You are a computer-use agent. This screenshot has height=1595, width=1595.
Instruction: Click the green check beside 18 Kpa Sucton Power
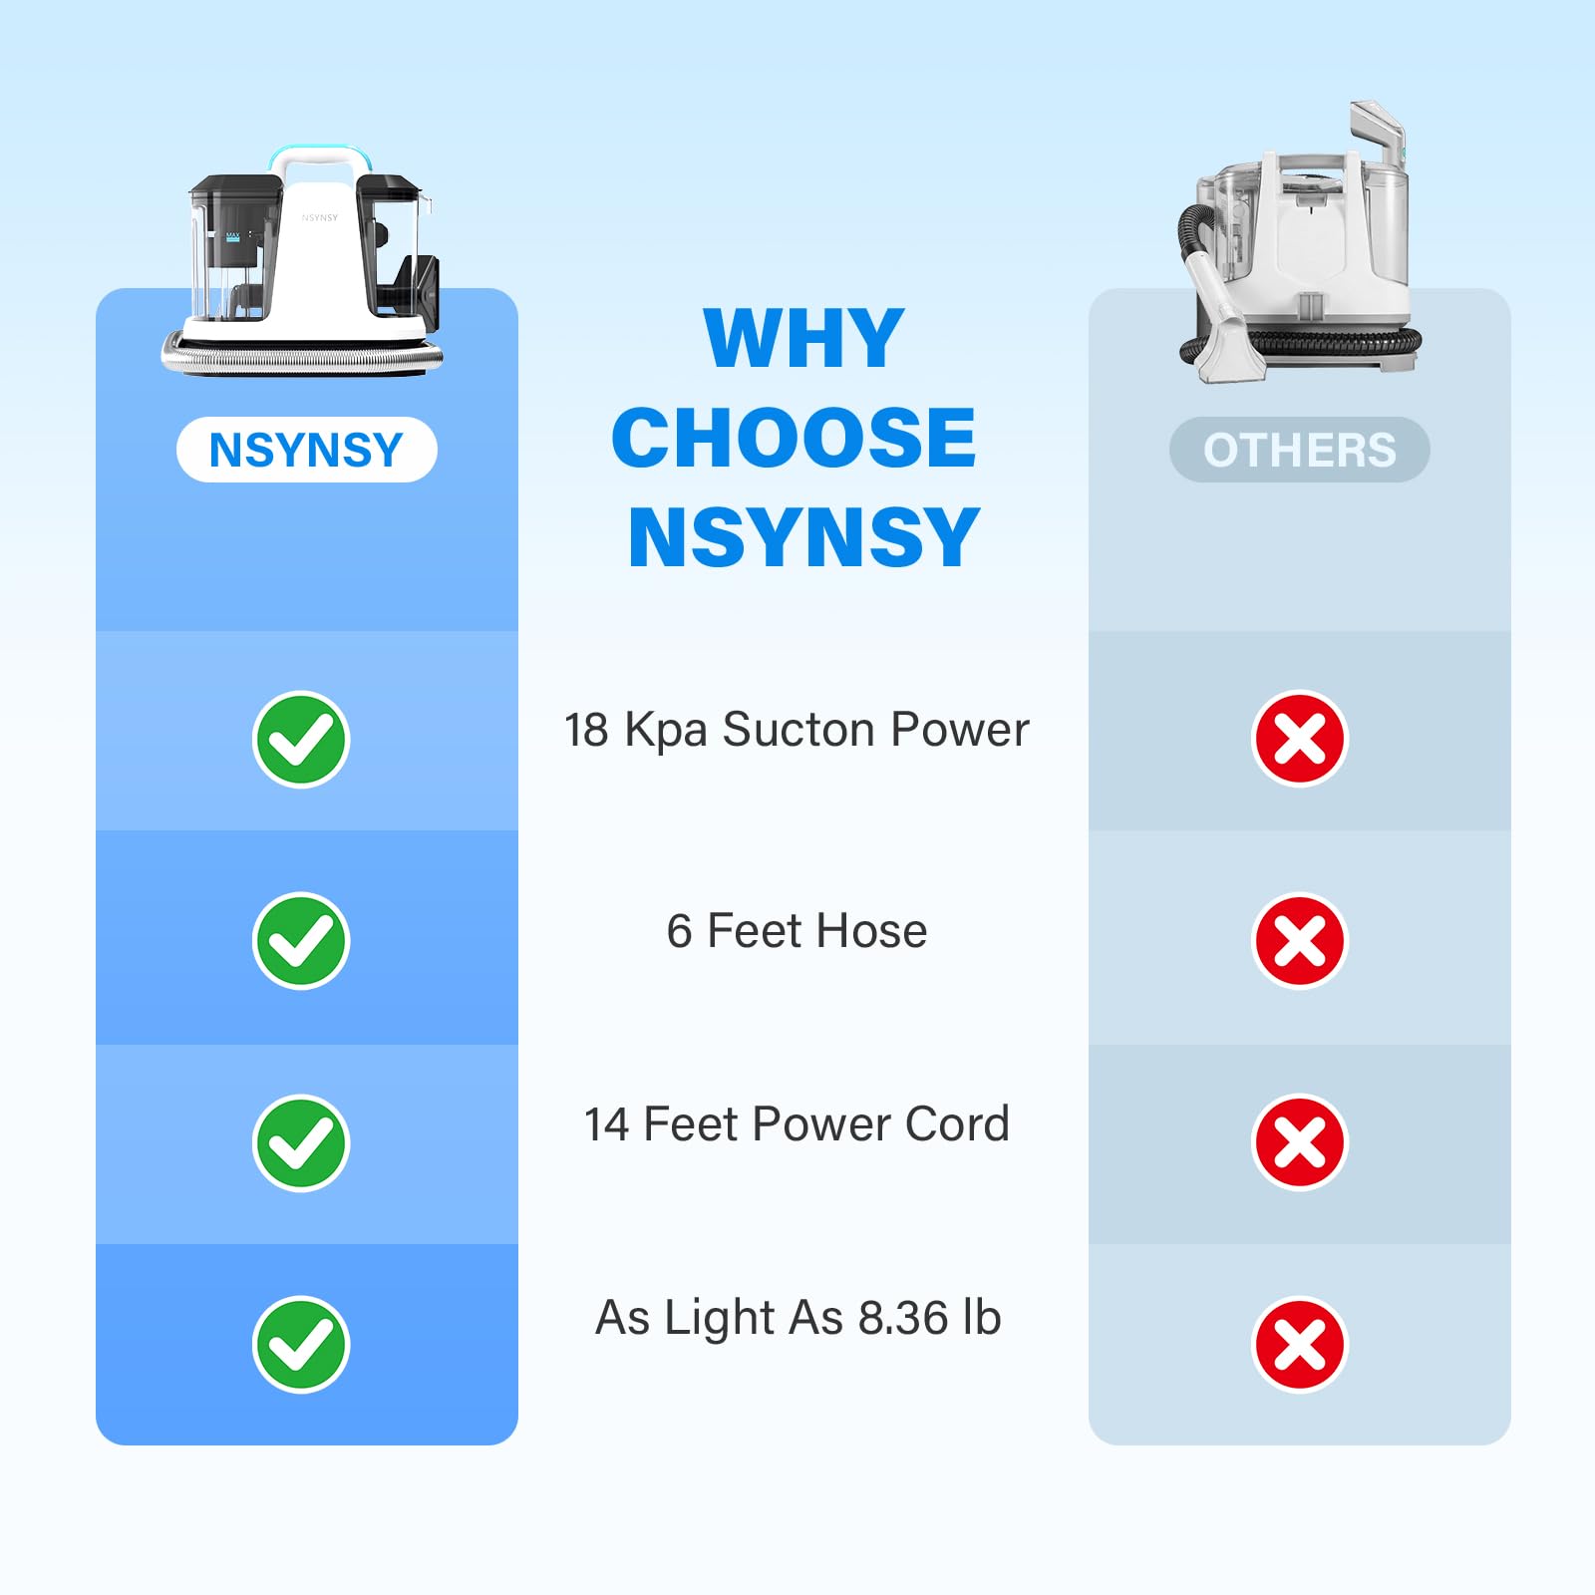point(301,740)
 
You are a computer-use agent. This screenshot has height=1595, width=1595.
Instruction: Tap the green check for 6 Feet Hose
point(301,941)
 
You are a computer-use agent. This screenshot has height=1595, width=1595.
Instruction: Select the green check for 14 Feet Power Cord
point(301,1142)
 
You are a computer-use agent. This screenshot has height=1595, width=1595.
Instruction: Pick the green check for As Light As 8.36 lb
point(301,1345)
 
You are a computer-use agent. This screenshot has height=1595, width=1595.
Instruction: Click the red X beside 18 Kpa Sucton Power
point(1300,739)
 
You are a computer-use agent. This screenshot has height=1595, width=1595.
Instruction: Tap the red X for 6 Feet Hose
point(1300,940)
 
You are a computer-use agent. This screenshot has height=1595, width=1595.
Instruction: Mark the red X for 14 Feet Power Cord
point(1300,1142)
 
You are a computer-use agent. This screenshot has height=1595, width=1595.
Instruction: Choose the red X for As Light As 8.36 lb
point(1300,1344)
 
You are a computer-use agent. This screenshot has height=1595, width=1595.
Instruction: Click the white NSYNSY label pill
point(307,450)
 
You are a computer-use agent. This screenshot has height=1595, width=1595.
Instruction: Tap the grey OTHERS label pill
point(1300,450)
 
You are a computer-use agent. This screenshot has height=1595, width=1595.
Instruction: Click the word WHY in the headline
point(803,339)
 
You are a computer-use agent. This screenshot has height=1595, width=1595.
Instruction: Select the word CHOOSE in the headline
point(795,438)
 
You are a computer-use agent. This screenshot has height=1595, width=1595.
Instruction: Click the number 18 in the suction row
point(586,731)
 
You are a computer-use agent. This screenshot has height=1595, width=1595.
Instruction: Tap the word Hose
point(872,931)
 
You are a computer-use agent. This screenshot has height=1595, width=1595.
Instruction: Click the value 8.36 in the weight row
point(903,1318)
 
